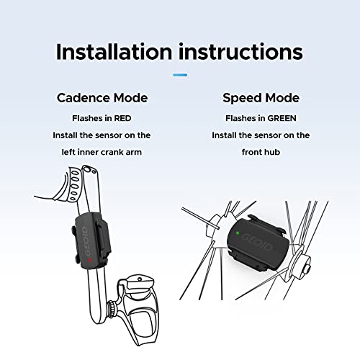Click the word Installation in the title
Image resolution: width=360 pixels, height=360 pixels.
[x=114, y=52]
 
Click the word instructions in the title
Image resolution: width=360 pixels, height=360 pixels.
[x=240, y=52]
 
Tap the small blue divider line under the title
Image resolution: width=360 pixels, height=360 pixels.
[x=180, y=75]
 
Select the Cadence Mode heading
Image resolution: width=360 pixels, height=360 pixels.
[x=102, y=98]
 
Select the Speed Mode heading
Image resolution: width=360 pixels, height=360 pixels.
[x=261, y=98]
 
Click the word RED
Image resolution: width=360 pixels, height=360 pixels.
[x=122, y=118]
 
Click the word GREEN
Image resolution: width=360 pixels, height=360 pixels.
[x=282, y=118]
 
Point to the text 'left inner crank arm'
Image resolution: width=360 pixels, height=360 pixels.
[x=102, y=152]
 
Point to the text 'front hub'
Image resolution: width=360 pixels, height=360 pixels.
[x=261, y=152]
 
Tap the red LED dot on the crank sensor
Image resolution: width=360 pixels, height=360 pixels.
[x=89, y=260]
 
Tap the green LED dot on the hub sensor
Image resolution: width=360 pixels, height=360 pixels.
[x=238, y=233]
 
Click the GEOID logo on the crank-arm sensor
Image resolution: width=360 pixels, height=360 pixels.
[x=86, y=240]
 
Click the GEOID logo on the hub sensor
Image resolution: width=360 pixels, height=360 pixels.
[x=257, y=242]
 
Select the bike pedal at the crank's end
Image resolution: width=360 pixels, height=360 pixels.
[x=139, y=310]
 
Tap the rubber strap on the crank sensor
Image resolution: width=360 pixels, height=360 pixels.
[x=102, y=238]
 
